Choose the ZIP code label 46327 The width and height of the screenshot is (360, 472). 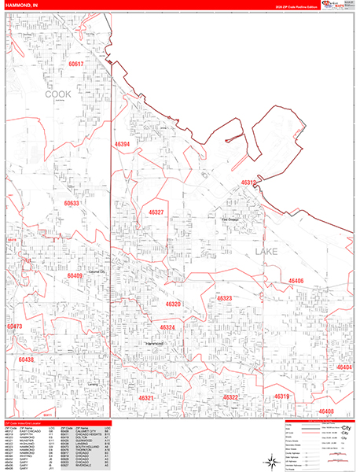pos(156,212)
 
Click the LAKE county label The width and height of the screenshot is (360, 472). pos(266,252)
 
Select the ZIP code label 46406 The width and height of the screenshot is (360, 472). pos(296,281)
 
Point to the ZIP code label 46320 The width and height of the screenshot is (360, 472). pos(174,304)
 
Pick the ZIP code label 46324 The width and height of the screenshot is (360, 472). pos(167,327)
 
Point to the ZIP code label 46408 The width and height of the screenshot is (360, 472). pos(326,411)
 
